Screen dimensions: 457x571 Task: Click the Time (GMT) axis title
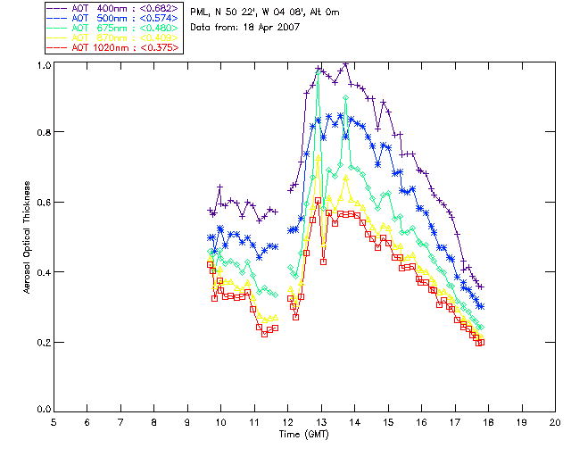pos(304,435)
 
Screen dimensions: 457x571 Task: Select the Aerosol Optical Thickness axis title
pos(28,237)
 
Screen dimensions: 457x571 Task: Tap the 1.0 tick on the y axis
pos(44,66)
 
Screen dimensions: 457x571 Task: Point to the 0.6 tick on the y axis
pos(44,203)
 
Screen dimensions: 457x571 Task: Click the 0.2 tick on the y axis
pos(44,343)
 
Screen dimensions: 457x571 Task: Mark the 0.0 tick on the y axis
pos(44,411)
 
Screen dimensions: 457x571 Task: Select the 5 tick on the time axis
pos(54,421)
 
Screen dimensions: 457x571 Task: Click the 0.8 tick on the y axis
pos(44,133)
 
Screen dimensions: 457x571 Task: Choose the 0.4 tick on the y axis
pos(44,272)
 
